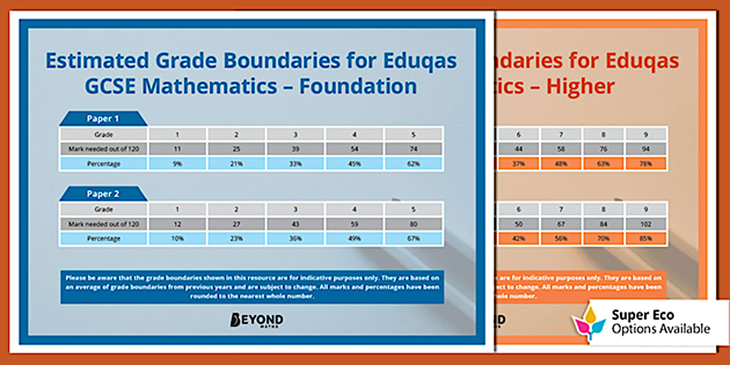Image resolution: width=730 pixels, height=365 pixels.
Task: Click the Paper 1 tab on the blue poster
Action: (x=103, y=119)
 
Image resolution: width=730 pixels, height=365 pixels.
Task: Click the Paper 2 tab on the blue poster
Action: (x=103, y=194)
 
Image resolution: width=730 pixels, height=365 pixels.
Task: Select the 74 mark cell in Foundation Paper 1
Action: (x=414, y=149)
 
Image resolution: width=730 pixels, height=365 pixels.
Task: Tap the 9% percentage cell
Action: (x=177, y=163)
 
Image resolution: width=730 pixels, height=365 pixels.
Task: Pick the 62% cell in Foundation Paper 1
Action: (x=414, y=163)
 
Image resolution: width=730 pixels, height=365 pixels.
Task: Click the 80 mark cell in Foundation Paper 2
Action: (x=414, y=224)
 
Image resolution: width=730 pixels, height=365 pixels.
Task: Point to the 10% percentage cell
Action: (x=177, y=238)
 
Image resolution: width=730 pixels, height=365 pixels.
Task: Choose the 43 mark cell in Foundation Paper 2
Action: (x=295, y=224)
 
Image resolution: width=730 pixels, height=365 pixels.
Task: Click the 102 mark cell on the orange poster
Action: (x=646, y=224)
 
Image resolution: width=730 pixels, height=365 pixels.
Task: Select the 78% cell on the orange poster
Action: (x=646, y=163)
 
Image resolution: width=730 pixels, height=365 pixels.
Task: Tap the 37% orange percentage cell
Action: (x=519, y=163)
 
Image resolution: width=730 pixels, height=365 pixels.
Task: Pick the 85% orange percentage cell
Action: (x=646, y=238)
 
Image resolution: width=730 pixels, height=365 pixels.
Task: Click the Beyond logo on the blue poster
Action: (x=257, y=320)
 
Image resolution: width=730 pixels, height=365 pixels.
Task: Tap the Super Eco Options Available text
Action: (x=660, y=322)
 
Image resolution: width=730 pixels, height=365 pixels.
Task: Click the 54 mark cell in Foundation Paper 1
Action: (x=355, y=149)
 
